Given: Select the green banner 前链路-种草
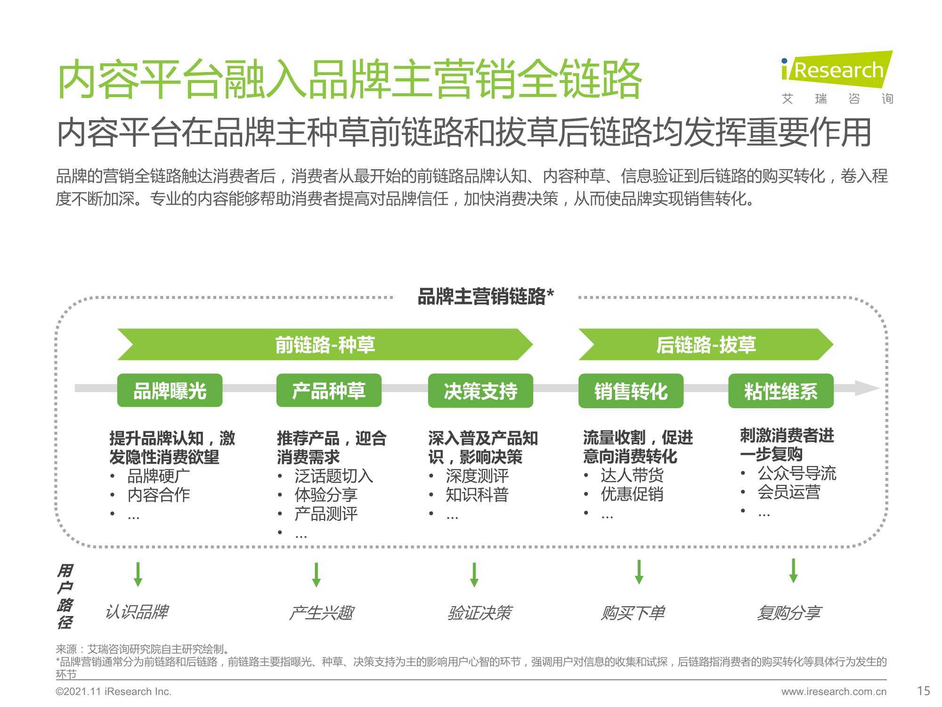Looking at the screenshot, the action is pos(325,345).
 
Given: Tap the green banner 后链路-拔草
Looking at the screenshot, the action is pos(706,345).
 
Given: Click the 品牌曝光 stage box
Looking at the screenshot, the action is pos(170,390).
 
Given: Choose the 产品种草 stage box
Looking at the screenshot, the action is pos(329,390).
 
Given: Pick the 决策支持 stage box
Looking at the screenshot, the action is pos(480,391).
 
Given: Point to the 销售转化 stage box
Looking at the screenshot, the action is pos(631,391).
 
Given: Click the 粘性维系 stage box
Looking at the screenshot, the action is pos(781,391).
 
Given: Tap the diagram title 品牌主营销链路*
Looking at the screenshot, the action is pos(486,297).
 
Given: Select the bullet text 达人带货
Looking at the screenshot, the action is pos(632,475).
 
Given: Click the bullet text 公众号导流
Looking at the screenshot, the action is pos(797,473).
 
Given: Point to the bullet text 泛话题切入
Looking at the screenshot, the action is pos(334,476).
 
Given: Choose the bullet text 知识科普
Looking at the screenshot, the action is pos(477,494).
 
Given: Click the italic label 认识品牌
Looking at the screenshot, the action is pos(137,612).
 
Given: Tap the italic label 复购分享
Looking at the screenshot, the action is pos(788,613).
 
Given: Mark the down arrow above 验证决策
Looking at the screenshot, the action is pos(474,575).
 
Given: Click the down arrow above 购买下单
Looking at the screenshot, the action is pos(639,572).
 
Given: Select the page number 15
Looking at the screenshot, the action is pos(924,691).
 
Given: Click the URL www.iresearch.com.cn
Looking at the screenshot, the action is pos(834,691).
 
